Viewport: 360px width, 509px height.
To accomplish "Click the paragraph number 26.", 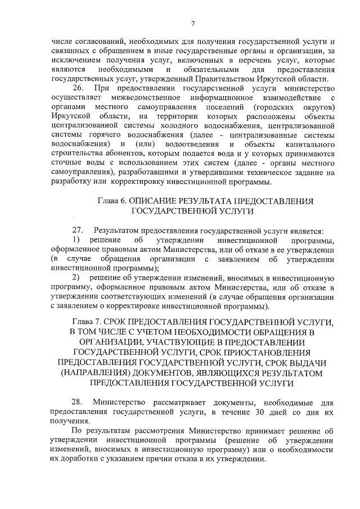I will pos(79,88).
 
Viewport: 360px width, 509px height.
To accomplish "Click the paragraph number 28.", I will pos(79,403).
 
